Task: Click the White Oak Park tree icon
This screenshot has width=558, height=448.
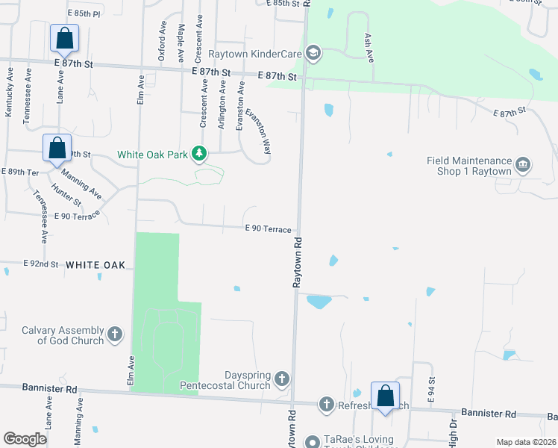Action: coord(198,154)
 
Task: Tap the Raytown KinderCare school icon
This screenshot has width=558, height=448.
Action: coord(313,52)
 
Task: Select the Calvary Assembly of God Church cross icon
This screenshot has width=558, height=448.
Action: coord(115,334)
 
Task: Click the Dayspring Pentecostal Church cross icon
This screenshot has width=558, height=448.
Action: coord(282,379)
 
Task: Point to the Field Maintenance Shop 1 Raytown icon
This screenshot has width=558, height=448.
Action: coord(523,165)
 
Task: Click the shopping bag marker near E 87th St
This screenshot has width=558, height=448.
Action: coord(64,38)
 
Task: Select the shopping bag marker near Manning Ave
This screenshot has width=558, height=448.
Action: coord(57,149)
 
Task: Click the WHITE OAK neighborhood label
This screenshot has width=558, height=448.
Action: coord(99,265)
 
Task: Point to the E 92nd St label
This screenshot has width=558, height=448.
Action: coord(41,264)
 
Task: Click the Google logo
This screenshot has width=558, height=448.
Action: coord(25,439)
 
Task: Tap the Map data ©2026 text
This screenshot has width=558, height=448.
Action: coord(525,442)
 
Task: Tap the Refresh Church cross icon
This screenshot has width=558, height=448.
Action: coord(325,405)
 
